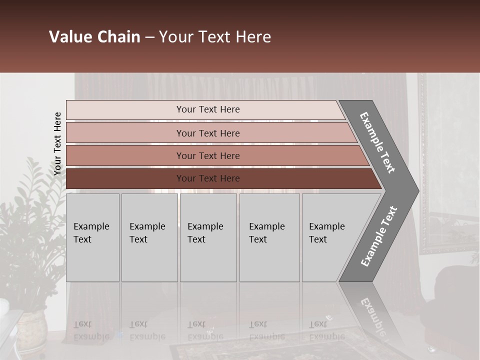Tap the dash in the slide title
click(149, 37)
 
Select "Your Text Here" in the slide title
click(215, 37)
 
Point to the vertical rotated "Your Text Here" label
click(58, 143)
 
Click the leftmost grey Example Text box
click(92, 237)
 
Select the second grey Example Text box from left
click(149, 237)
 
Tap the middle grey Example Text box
click(208, 237)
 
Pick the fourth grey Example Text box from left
click(269, 237)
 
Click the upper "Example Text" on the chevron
click(377, 143)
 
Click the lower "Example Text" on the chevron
click(378, 236)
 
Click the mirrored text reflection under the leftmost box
click(91, 330)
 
